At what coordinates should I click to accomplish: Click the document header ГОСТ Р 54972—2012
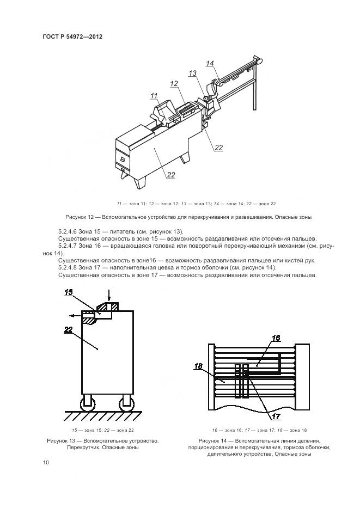coord(73,36)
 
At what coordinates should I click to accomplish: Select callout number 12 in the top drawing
coord(174,84)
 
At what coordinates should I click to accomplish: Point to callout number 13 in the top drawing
coord(193,73)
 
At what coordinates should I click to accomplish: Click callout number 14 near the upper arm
coord(210,64)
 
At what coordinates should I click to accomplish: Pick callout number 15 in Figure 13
coord(69,293)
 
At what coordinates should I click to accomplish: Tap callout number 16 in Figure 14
coord(276,338)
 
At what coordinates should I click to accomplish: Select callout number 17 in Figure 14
coord(276,416)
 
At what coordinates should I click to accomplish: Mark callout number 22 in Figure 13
coord(68,329)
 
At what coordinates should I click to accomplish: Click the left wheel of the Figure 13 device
coord(87,403)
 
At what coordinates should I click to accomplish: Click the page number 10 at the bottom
coord(46,462)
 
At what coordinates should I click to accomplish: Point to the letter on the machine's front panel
coord(123,159)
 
